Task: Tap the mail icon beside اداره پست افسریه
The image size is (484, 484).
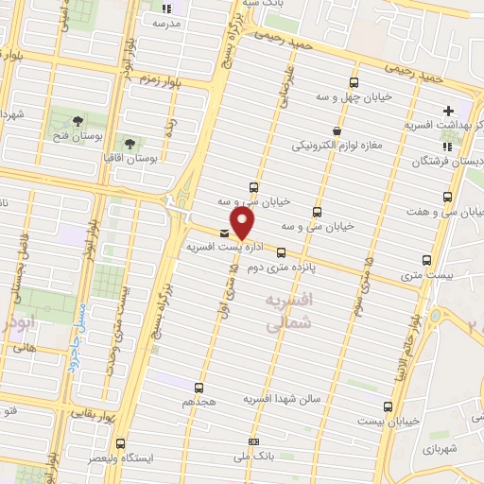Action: click(x=224, y=232)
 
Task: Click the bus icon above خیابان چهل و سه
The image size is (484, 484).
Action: click(x=354, y=82)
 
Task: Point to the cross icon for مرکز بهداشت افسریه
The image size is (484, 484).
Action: click(x=448, y=111)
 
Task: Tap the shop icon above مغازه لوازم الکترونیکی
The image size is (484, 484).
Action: click(x=336, y=131)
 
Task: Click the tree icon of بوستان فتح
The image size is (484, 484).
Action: click(x=75, y=122)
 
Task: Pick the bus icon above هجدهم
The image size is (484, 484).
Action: click(x=199, y=387)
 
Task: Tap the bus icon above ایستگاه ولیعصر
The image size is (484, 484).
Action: click(x=120, y=442)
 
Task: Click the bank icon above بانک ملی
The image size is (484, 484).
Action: click(x=252, y=441)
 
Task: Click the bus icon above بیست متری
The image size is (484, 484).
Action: click(x=427, y=260)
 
